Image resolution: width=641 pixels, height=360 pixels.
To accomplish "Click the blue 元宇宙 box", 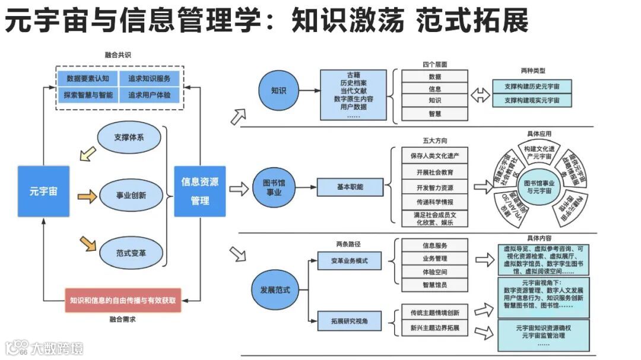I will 43,191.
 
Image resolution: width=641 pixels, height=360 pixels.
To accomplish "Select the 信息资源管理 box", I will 200,191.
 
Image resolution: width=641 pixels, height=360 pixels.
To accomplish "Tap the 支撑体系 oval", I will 129,138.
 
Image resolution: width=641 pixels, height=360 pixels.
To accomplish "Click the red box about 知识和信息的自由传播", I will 122,300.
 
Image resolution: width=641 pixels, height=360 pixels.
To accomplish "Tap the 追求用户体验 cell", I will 149,94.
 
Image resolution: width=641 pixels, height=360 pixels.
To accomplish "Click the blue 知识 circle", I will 278,91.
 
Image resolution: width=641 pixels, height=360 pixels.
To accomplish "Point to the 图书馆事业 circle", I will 274,188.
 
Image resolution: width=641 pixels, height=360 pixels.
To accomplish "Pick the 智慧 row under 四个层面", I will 434,113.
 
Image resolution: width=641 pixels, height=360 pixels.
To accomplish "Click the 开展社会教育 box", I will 434,172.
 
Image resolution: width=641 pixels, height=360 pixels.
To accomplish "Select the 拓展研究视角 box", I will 350,321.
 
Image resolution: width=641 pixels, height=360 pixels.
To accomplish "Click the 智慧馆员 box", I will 434,285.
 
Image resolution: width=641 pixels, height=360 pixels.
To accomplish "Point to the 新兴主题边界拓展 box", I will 434,327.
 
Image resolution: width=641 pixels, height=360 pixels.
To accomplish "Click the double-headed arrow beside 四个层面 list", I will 480,94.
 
